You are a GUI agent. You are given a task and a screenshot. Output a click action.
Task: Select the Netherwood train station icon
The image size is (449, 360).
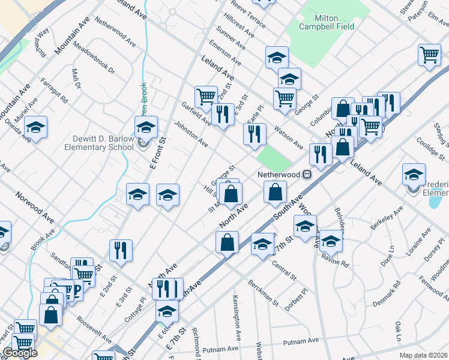click(x=307, y=175)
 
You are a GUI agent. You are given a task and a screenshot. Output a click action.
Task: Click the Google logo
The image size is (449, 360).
click(x=20, y=353)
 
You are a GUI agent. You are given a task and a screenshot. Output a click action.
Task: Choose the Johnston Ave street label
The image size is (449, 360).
click(x=191, y=135)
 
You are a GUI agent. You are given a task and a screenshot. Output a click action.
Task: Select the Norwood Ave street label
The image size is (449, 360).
click(x=35, y=205)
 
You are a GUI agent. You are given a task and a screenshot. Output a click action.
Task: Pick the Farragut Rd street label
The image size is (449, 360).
click(x=55, y=89)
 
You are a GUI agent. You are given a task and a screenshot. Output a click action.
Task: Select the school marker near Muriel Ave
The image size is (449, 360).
click(x=35, y=127)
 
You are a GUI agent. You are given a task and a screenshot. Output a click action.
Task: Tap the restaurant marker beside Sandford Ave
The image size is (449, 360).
click(x=121, y=250)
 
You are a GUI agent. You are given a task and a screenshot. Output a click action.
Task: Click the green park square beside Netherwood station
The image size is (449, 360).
click(x=275, y=158)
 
